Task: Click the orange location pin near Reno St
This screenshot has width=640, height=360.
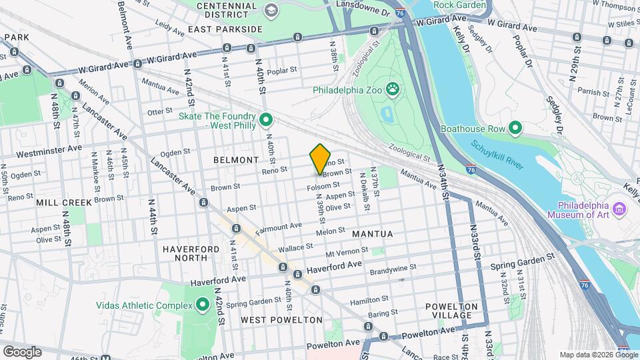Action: pos(321,159)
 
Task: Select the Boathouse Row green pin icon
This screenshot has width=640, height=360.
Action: pos(515,127)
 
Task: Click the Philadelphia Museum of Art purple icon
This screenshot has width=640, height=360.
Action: pos(619,210)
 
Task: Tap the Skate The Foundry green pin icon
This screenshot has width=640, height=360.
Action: pos(266,121)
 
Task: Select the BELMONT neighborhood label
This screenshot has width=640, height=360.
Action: pos(235,160)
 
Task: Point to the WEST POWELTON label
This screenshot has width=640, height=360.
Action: pos(272,320)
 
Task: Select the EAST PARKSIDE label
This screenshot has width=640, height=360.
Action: pos(225,29)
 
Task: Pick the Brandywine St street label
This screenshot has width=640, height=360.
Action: pos(393,267)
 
